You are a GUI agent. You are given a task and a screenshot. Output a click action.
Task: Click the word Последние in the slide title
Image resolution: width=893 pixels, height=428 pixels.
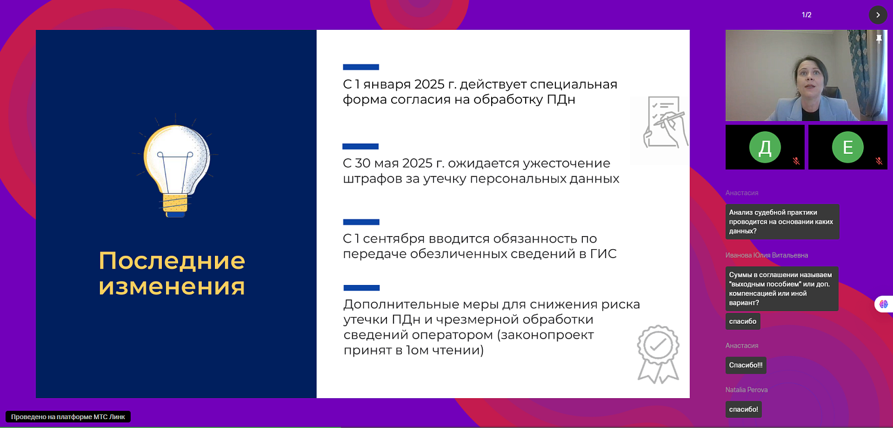click(171, 261)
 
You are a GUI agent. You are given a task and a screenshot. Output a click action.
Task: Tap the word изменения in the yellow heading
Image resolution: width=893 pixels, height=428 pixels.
click(171, 286)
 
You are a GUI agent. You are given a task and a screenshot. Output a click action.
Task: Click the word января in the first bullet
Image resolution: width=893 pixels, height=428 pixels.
click(388, 84)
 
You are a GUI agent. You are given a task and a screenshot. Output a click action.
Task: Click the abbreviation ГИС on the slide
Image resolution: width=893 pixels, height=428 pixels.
click(602, 254)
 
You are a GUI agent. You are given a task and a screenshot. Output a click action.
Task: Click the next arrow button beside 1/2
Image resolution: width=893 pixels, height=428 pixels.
click(878, 15)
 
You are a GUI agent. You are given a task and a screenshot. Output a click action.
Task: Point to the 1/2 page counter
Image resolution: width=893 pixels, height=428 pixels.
click(807, 15)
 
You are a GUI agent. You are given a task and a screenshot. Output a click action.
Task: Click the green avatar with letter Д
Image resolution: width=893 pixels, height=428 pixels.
click(764, 147)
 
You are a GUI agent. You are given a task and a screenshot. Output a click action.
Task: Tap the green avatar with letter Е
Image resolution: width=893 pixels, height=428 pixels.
click(848, 147)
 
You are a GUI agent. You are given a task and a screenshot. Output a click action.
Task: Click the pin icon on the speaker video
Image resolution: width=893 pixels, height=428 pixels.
click(879, 39)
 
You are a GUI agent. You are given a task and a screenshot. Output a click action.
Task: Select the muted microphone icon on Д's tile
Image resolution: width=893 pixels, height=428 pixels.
click(796, 161)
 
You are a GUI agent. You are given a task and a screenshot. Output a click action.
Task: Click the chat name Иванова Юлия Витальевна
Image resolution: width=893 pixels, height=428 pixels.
click(767, 255)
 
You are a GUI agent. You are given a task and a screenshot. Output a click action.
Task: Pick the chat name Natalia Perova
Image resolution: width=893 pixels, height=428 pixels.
click(747, 390)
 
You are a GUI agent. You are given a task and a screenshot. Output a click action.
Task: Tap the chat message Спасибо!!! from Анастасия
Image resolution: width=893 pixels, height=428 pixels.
click(745, 365)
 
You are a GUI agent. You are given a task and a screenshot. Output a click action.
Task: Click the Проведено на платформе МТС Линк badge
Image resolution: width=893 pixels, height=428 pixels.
click(68, 417)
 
